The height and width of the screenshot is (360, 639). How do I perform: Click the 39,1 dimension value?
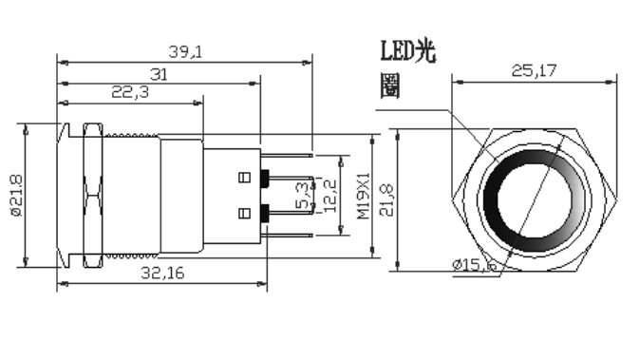point(185,52)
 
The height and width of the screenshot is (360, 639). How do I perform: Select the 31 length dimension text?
point(159,75)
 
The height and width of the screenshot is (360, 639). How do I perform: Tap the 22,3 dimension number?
point(130,92)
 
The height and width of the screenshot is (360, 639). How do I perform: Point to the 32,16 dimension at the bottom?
point(162,273)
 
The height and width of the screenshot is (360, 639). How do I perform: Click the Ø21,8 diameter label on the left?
point(17,196)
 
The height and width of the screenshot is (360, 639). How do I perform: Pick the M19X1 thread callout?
point(364,196)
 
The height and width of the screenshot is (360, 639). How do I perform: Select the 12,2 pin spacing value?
point(330,196)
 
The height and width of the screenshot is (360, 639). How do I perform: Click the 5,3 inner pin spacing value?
point(302,196)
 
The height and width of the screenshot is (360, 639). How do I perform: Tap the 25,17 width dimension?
point(534,71)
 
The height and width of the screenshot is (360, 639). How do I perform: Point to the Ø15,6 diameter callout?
point(475,265)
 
